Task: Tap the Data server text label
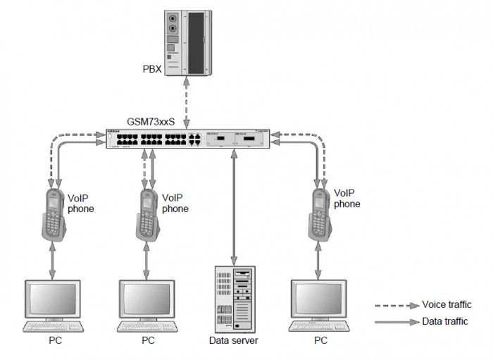(234, 340)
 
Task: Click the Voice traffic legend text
(446, 305)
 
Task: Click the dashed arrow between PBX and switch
(187, 98)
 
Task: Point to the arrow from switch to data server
(233, 204)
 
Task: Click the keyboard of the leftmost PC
(54, 328)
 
